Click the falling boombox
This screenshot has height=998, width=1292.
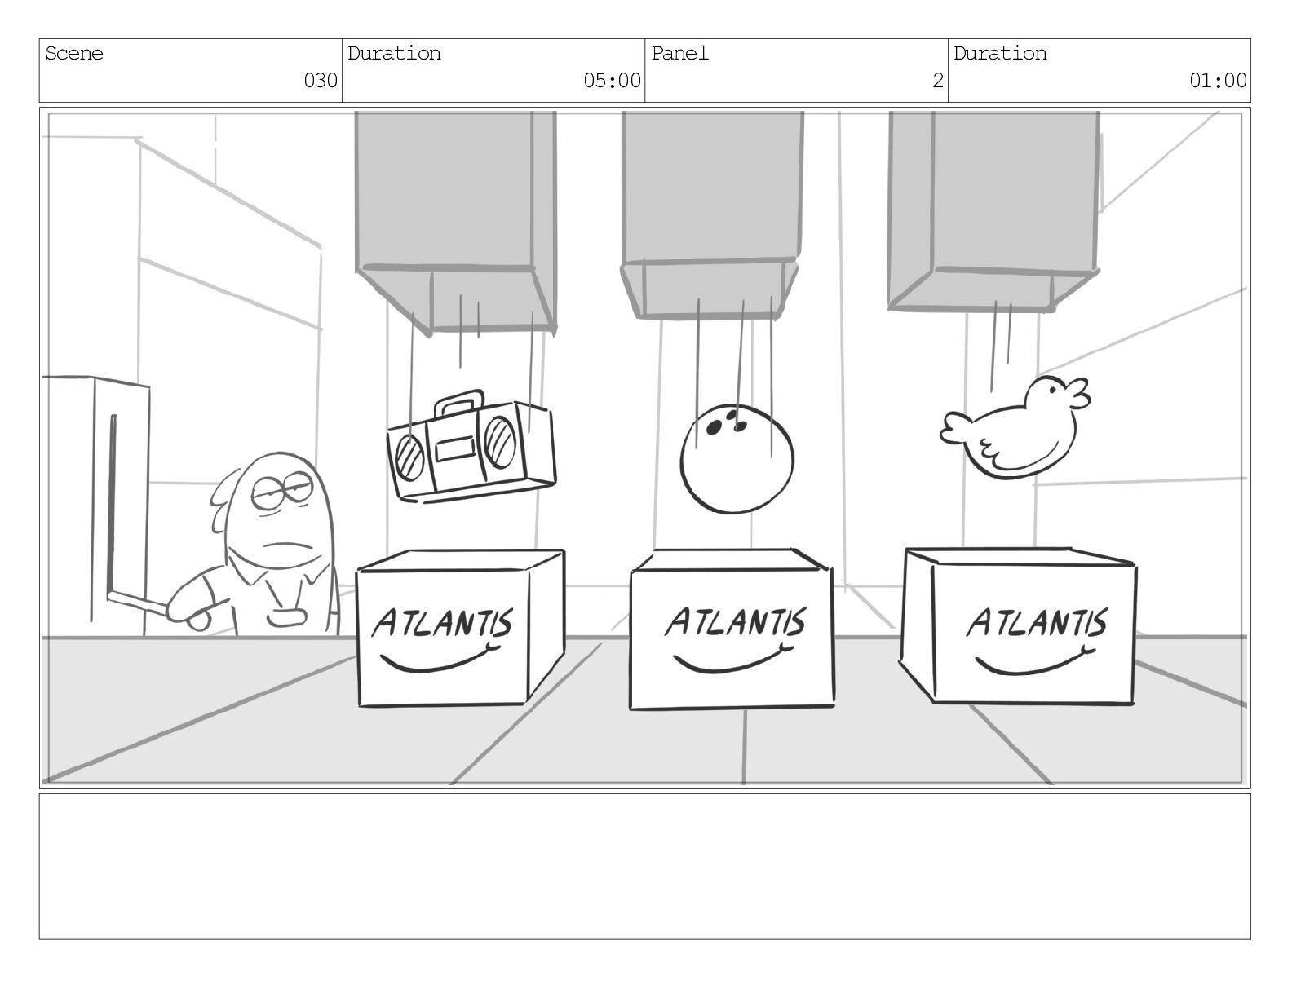click(x=471, y=451)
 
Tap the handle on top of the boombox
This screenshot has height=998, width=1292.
click(x=458, y=403)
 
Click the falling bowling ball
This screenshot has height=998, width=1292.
click(x=737, y=461)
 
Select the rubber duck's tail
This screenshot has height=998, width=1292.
click(x=955, y=427)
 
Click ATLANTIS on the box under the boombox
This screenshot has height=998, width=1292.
click(x=443, y=624)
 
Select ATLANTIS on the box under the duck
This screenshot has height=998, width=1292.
click(x=1037, y=623)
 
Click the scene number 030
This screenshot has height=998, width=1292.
click(x=320, y=81)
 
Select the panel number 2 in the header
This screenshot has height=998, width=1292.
click(x=938, y=81)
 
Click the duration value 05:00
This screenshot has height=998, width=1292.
click(x=612, y=81)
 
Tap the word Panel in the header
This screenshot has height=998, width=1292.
click(x=679, y=54)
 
